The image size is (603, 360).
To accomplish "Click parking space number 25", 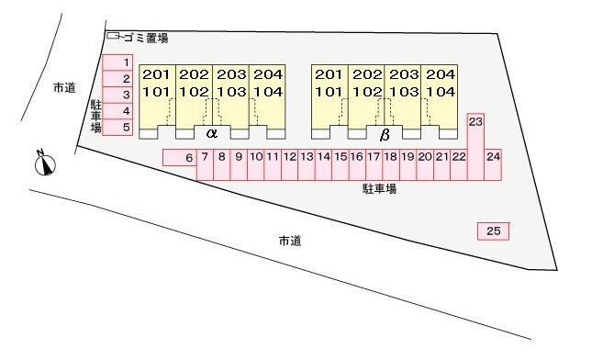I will (493, 231).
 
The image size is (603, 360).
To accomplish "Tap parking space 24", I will (494, 158).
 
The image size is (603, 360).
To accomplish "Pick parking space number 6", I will (179, 158).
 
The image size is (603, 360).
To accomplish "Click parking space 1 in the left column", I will (117, 62).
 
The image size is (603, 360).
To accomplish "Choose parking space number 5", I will (117, 128).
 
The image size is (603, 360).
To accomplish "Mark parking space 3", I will (117, 95).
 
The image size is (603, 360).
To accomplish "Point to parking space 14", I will (323, 158).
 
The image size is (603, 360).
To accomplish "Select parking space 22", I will (459, 158).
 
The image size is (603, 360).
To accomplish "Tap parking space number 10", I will (256, 158).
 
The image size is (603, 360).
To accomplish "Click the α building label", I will (212, 133).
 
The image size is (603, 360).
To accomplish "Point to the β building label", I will (385, 134).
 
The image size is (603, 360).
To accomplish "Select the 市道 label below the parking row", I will (290, 241).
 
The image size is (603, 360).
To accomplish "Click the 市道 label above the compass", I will (63, 88).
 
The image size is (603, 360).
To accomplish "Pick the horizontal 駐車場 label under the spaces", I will (378, 189).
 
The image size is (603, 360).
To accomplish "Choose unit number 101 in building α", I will (156, 91).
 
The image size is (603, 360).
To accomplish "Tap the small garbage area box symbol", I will (115, 37).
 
